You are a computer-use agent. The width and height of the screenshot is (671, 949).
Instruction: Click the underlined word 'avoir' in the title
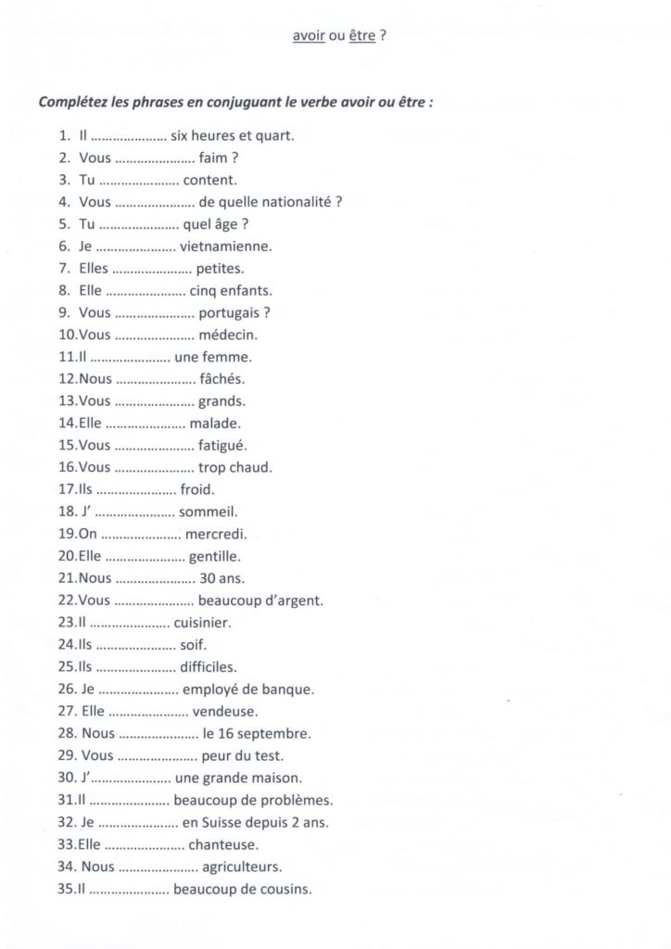click(306, 40)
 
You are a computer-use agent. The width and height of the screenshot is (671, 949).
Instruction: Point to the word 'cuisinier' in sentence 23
click(202, 624)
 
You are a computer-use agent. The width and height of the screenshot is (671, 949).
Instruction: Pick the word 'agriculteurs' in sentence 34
click(241, 867)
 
